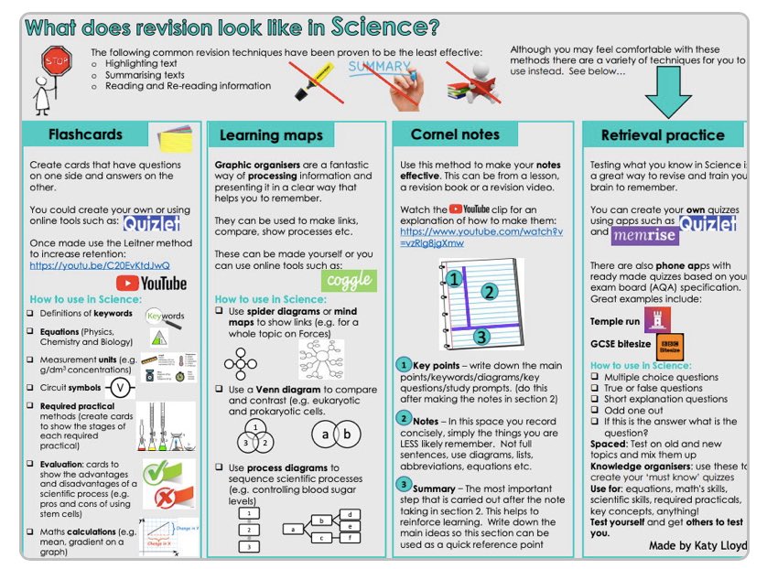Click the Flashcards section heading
(85, 134)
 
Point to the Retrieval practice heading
(662, 135)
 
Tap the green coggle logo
(348, 279)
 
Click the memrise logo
(644, 234)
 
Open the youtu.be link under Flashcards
(100, 265)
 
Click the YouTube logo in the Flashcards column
(152, 284)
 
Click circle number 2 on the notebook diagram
(490, 293)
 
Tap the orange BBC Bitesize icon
(670, 349)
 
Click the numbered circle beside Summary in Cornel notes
(404, 484)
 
